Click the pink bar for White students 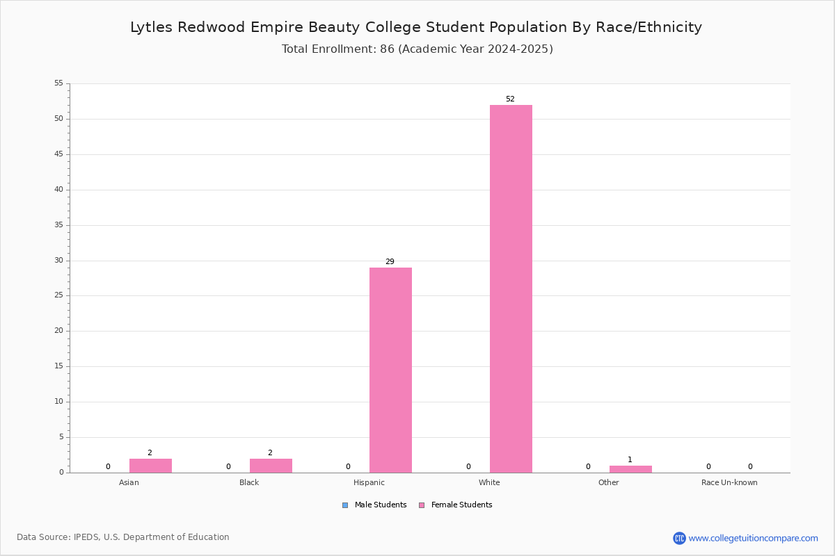(x=511, y=288)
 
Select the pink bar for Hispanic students (x=390, y=370)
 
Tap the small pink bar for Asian (x=150, y=466)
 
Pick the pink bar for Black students (x=271, y=466)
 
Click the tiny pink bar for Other (x=630, y=469)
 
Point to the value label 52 (x=510, y=99)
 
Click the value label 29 (x=390, y=261)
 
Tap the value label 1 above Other (x=630, y=459)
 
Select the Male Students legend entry (x=374, y=505)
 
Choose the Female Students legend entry (x=456, y=505)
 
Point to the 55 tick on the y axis (x=59, y=83)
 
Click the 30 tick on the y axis (x=59, y=261)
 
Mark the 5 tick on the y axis (x=61, y=437)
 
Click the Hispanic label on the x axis (x=369, y=482)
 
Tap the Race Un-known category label (x=729, y=482)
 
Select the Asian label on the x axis (x=129, y=482)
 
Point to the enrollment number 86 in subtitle (x=387, y=49)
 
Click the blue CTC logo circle (x=679, y=538)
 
